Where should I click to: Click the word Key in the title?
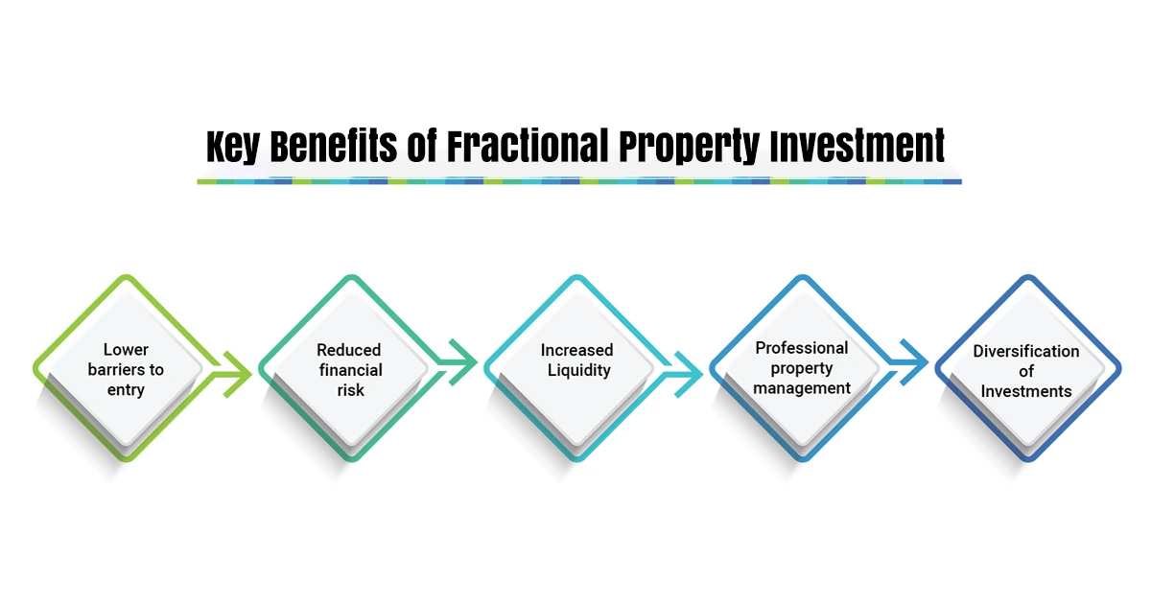(x=233, y=147)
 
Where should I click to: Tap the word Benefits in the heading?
(x=334, y=146)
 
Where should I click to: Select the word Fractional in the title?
(x=528, y=146)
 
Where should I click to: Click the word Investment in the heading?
(x=857, y=146)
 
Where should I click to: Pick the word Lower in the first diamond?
(x=126, y=350)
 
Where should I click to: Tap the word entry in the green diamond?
(x=126, y=390)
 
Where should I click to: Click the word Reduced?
(x=349, y=350)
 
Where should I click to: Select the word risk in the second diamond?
(x=351, y=390)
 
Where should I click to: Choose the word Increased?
(x=577, y=350)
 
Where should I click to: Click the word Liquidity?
(x=579, y=370)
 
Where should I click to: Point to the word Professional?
(x=802, y=348)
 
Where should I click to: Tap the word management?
(x=802, y=388)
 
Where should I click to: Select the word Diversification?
(x=1026, y=351)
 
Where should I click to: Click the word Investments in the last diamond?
(x=1026, y=391)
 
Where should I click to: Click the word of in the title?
(x=422, y=146)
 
